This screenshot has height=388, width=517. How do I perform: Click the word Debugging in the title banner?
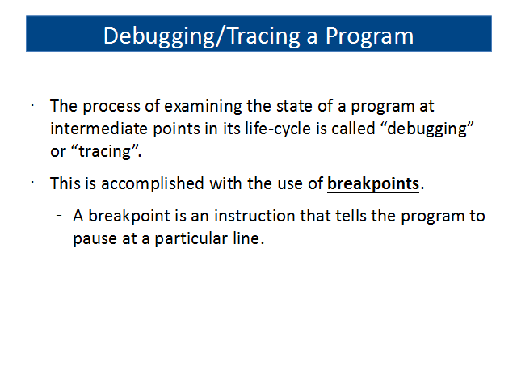coord(159,36)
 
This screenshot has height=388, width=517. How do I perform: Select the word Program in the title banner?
coord(369,36)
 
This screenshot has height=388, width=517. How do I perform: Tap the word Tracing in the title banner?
coord(264,36)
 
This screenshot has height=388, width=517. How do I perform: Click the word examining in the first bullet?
coord(203,107)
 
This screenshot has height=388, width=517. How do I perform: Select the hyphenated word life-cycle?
coord(278,129)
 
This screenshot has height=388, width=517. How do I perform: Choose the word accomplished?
coord(153,184)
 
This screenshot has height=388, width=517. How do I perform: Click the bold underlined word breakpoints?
coord(373,184)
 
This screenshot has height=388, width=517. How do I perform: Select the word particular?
coord(191,239)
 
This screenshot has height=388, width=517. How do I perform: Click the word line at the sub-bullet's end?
coord(246,238)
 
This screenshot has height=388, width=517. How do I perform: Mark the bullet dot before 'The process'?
coord(32,106)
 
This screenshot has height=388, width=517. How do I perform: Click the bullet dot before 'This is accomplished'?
coord(32,183)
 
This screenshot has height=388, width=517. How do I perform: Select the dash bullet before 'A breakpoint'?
coord(59,216)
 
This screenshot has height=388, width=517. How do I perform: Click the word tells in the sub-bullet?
coord(351,216)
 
